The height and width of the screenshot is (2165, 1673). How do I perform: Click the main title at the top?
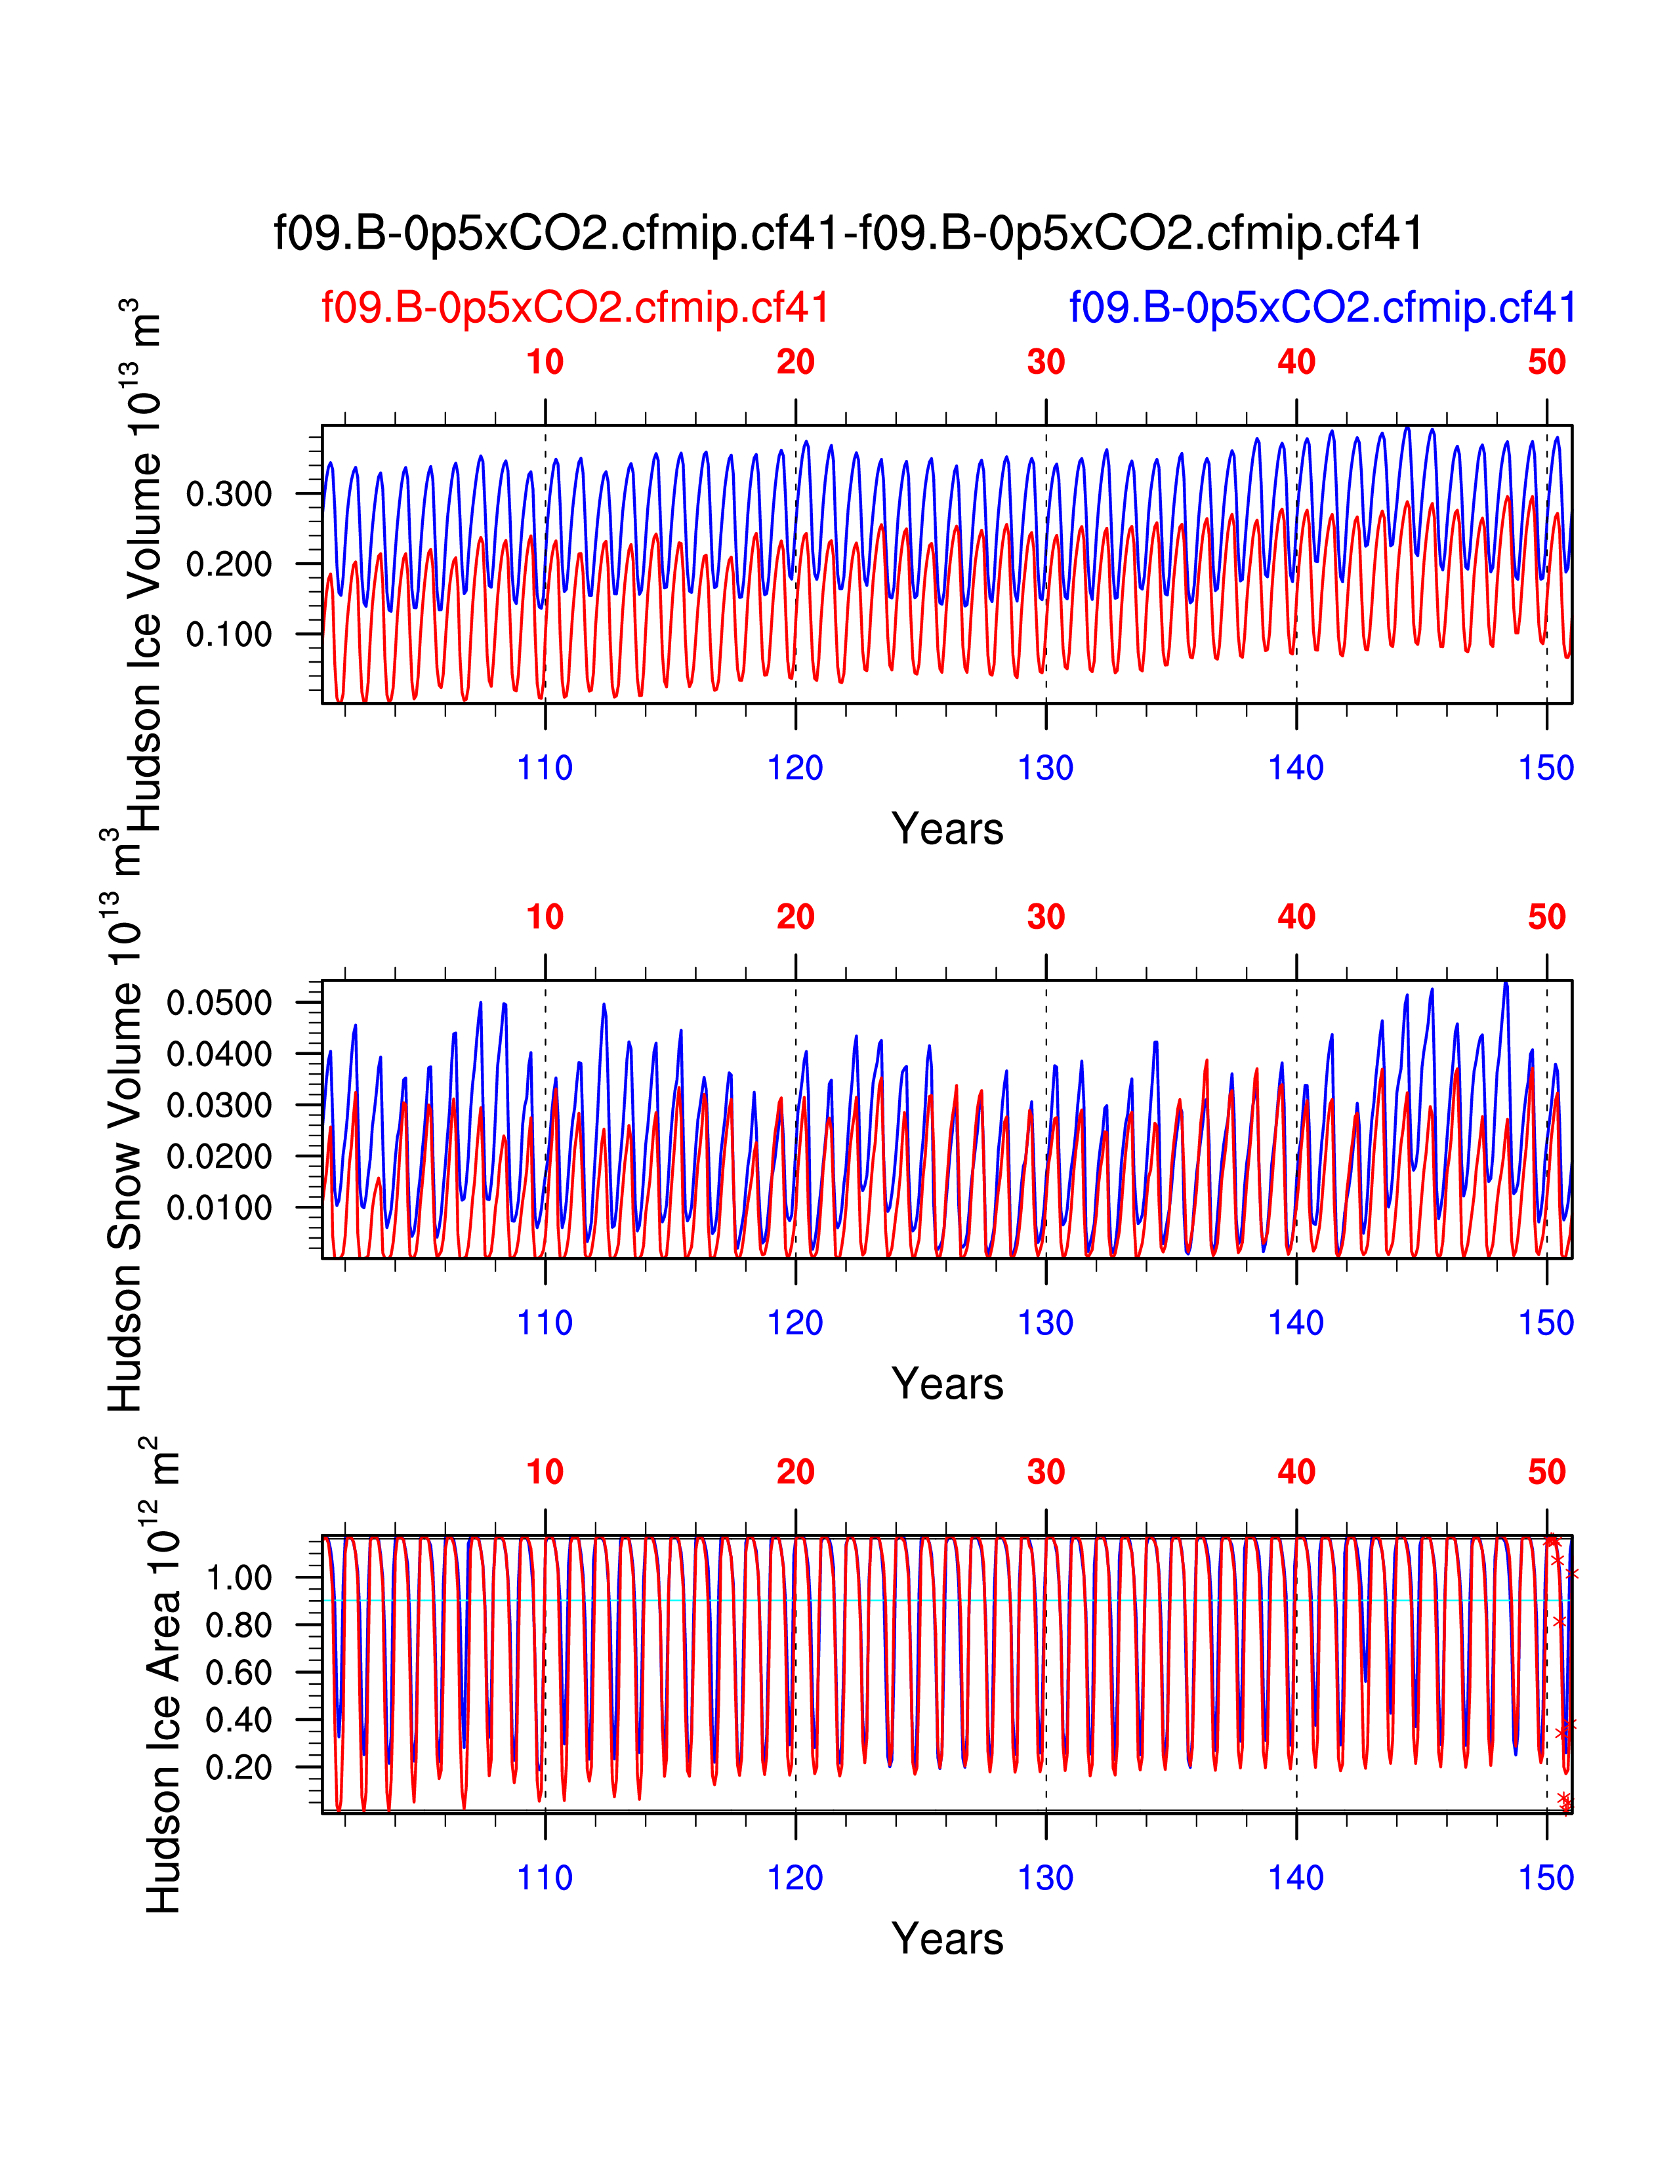(x=848, y=234)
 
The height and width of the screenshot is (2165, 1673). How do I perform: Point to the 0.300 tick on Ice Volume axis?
(x=229, y=493)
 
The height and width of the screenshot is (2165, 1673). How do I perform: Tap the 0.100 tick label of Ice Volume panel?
(x=229, y=634)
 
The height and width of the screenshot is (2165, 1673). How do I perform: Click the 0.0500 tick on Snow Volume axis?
(x=219, y=1002)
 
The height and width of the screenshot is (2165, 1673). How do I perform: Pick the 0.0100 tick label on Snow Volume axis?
(x=219, y=1207)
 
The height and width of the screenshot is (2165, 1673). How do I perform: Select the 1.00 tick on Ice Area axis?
(x=239, y=1577)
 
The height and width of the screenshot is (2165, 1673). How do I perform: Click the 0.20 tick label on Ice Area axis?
(x=239, y=1767)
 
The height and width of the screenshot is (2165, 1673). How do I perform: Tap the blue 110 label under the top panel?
(x=545, y=768)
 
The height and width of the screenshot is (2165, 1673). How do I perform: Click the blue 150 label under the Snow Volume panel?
(x=1546, y=1323)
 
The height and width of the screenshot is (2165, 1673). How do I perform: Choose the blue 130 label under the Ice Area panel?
(x=1046, y=1878)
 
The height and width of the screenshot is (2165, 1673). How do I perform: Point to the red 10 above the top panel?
(x=545, y=363)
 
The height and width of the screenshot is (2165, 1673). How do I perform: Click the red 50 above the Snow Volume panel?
(x=1546, y=918)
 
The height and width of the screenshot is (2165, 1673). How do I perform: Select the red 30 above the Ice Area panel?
(x=1046, y=1472)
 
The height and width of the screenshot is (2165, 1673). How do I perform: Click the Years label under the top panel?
(x=947, y=829)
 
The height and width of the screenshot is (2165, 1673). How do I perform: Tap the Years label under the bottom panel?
(x=947, y=1939)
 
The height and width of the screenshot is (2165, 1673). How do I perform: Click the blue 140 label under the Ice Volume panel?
(x=1296, y=768)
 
